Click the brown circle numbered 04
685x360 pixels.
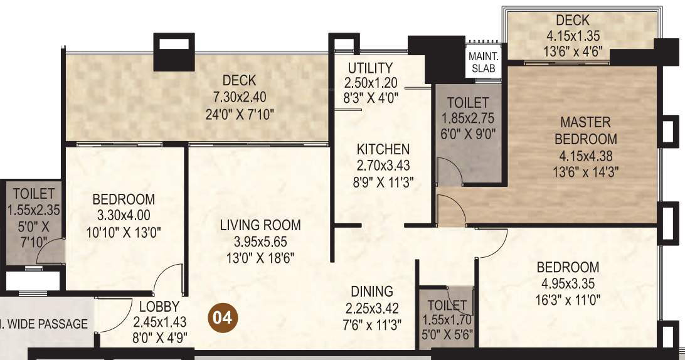pos(222,317)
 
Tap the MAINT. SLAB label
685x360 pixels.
pos(484,61)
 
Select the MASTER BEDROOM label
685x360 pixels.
pos(585,130)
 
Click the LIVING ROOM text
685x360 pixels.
pos(260,225)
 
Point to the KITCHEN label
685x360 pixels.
pos(383,149)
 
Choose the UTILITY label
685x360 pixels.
pos(370,68)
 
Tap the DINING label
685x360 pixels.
pos(372,292)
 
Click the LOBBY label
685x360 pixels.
pos(159,307)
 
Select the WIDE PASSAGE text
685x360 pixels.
pos(47,324)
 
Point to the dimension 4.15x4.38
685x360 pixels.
pos(585,156)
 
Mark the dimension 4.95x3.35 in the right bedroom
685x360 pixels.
pos(568,283)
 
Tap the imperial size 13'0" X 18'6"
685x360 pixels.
pos(260,257)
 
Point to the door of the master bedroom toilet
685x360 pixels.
pos(449,171)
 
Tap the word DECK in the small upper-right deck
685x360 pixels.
pos(572,20)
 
